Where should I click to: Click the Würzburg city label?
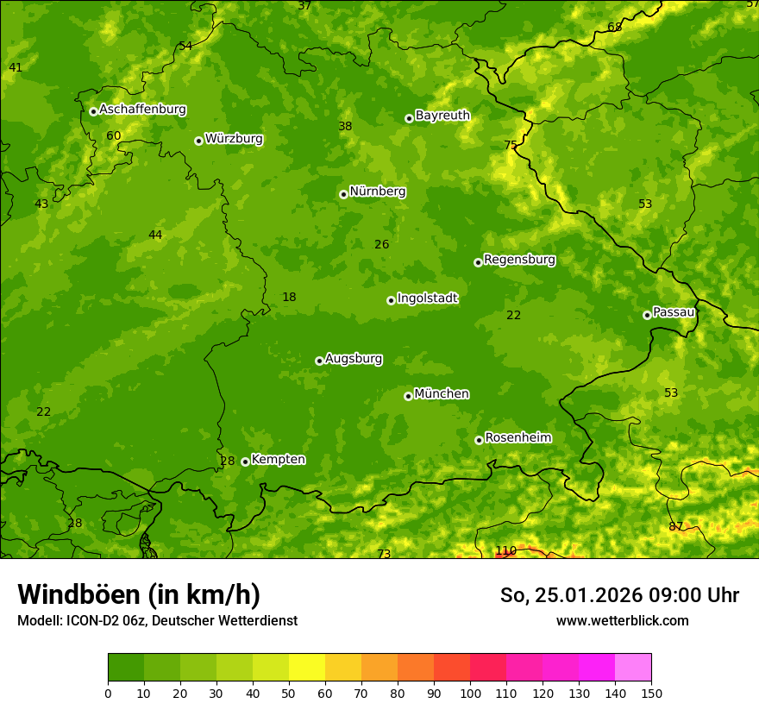coord(234,139)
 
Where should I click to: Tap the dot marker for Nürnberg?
coord(343,194)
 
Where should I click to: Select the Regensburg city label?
coord(519,260)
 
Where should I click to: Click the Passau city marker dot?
coord(647,315)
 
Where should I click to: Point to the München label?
coord(442,394)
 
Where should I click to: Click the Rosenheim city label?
coord(517,438)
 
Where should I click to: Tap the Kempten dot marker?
coord(245,462)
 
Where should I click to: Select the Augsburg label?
coord(354,359)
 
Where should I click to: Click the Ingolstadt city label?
coord(427,298)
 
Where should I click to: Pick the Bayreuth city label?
coord(442,116)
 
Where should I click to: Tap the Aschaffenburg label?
coord(142,110)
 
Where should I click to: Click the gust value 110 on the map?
coord(505,550)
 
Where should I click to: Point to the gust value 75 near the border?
coord(511,145)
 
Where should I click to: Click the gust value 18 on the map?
coord(289,297)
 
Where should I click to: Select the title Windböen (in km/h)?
coord(139,594)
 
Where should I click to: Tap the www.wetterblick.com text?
coord(622,620)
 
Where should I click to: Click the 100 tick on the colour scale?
coord(470,693)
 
